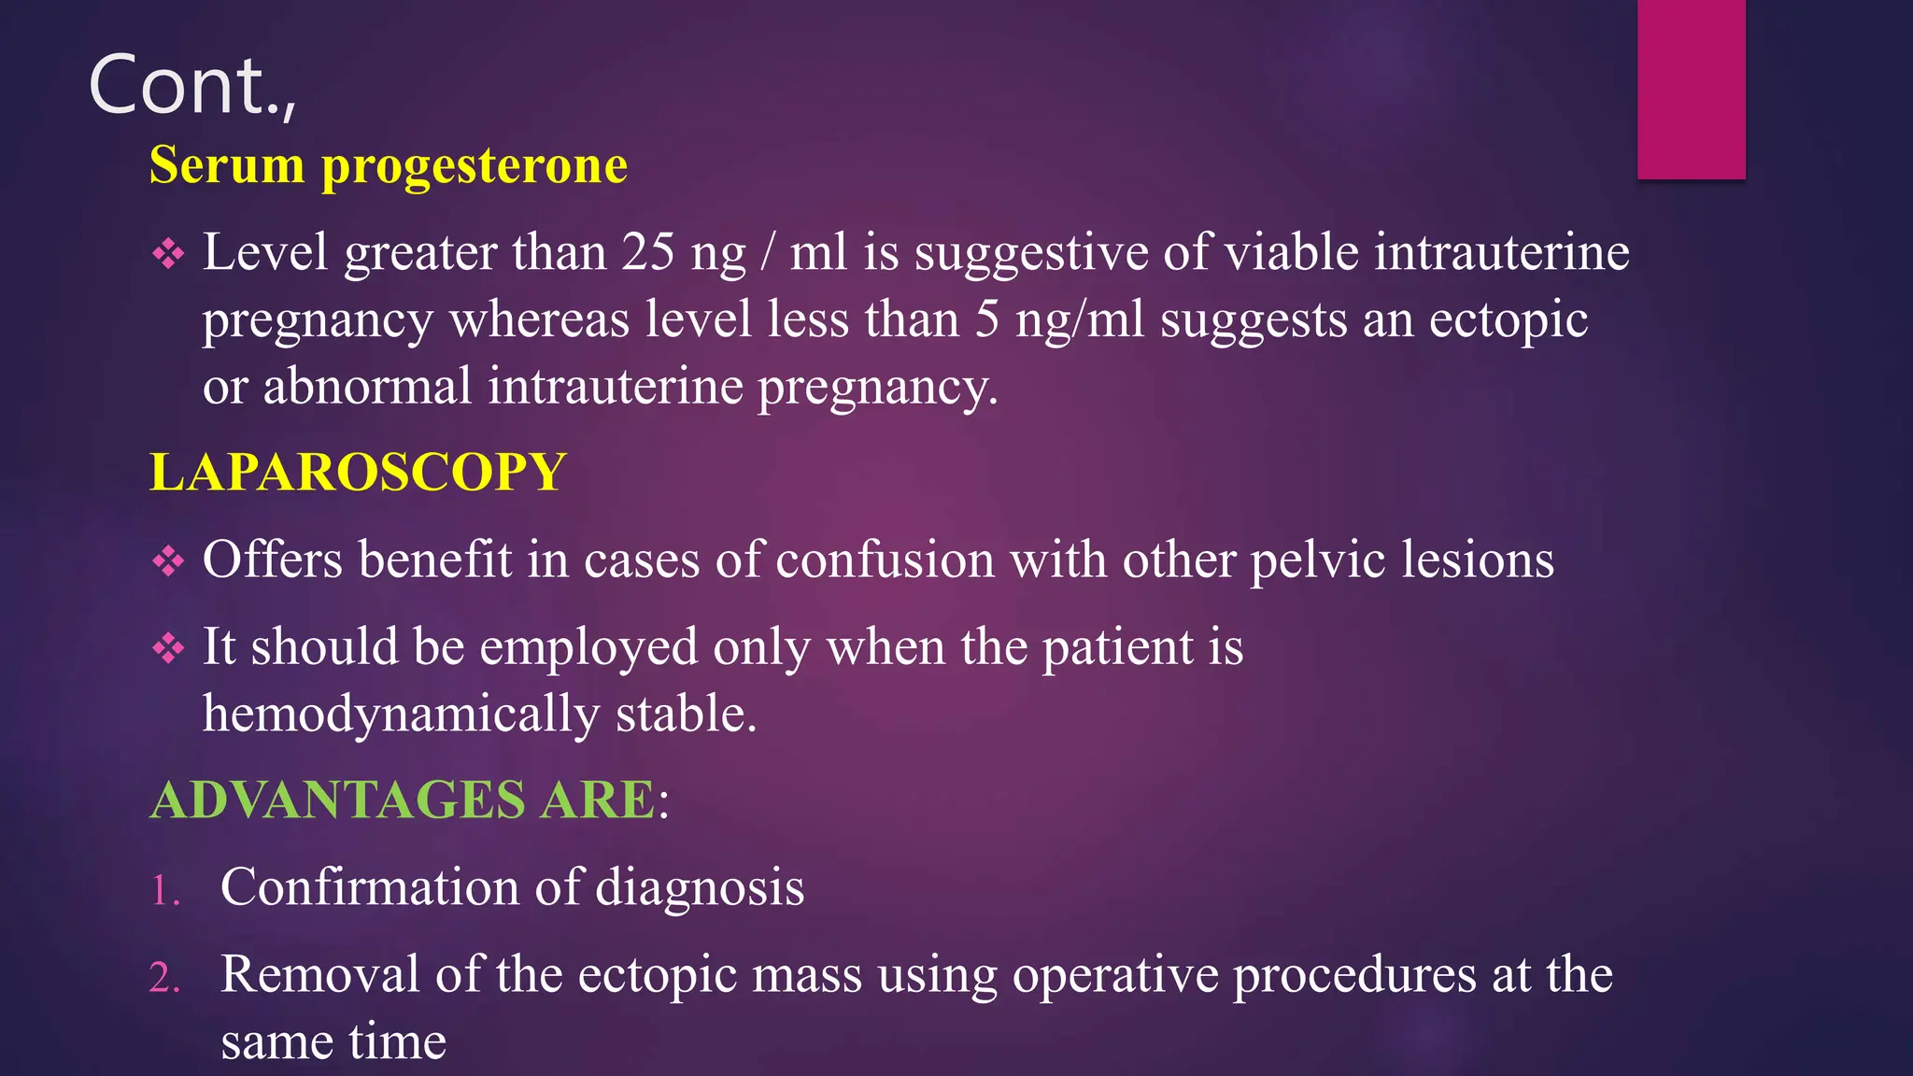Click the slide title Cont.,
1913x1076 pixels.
coord(191,86)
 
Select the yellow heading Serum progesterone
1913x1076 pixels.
coord(388,165)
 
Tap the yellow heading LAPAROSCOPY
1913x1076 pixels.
coord(358,472)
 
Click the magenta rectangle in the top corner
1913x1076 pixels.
coord(1691,89)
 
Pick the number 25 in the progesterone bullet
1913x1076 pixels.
coord(648,252)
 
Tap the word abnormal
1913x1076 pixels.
coord(367,386)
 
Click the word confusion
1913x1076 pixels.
coord(885,559)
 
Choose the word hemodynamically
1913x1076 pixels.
coord(401,714)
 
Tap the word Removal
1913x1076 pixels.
coord(319,974)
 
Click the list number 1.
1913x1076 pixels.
coord(164,890)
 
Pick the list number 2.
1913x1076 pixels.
coord(164,978)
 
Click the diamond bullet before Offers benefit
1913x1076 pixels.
coord(168,561)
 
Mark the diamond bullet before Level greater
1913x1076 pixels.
coord(168,254)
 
